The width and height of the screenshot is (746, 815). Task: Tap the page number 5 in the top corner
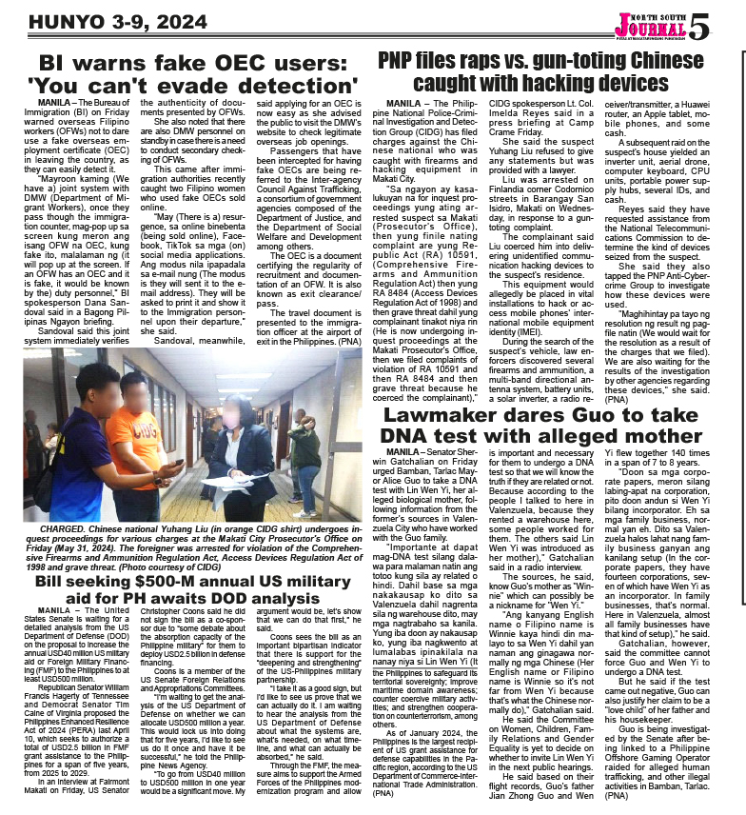pos(697,26)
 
